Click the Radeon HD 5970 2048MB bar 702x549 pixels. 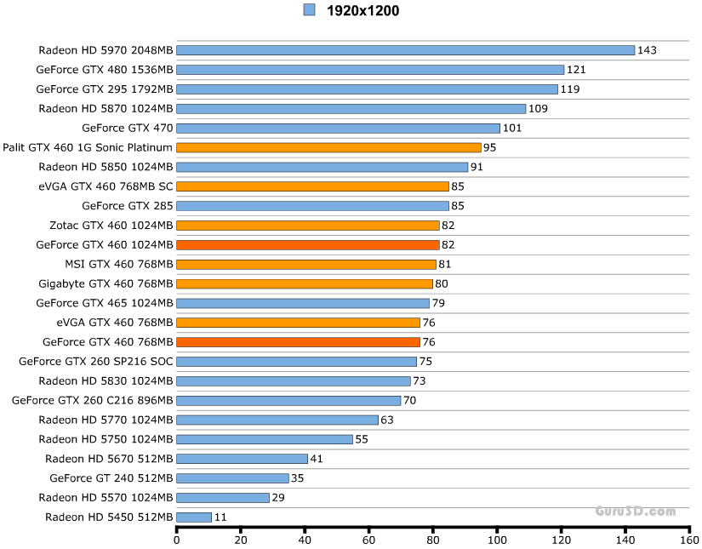click(x=405, y=50)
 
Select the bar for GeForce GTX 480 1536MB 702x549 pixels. click(x=370, y=70)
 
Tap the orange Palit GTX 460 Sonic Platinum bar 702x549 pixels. click(x=328, y=147)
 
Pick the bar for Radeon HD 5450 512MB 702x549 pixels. click(x=194, y=518)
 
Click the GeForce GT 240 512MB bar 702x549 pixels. click(x=232, y=478)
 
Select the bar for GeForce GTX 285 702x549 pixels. click(x=312, y=206)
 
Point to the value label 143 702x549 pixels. click(x=647, y=50)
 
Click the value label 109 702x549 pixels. click(x=538, y=109)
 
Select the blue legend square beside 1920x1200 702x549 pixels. click(x=309, y=10)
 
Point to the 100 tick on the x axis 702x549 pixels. click(x=497, y=539)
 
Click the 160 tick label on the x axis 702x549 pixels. click(x=689, y=539)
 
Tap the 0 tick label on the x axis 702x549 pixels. click(x=177, y=539)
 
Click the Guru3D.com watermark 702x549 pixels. click(x=635, y=512)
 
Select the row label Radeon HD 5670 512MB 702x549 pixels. click(x=109, y=459)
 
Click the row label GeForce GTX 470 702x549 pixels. click(x=128, y=129)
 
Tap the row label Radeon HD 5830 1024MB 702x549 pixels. click(x=106, y=380)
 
